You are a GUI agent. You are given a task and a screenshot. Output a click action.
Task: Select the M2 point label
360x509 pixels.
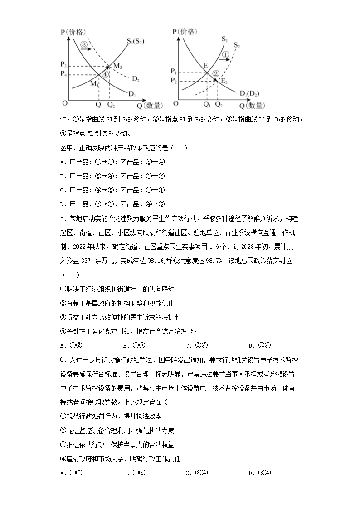click(118, 66)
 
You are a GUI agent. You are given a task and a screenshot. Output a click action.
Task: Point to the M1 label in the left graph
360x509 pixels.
click(94, 84)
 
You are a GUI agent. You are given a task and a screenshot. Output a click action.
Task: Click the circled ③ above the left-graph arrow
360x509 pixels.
click(84, 45)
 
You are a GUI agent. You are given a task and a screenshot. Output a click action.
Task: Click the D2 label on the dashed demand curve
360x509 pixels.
click(136, 79)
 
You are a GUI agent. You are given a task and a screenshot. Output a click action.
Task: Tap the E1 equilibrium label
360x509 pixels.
click(206, 65)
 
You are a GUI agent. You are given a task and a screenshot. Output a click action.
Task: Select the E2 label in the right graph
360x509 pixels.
click(224, 81)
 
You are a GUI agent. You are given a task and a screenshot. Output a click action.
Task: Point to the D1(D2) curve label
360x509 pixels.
click(249, 94)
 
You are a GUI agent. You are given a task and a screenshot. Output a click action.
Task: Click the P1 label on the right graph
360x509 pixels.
click(174, 72)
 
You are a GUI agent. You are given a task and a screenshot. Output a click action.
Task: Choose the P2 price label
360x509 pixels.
click(174, 80)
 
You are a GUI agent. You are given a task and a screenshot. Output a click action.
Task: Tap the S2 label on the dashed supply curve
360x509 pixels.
click(237, 45)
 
